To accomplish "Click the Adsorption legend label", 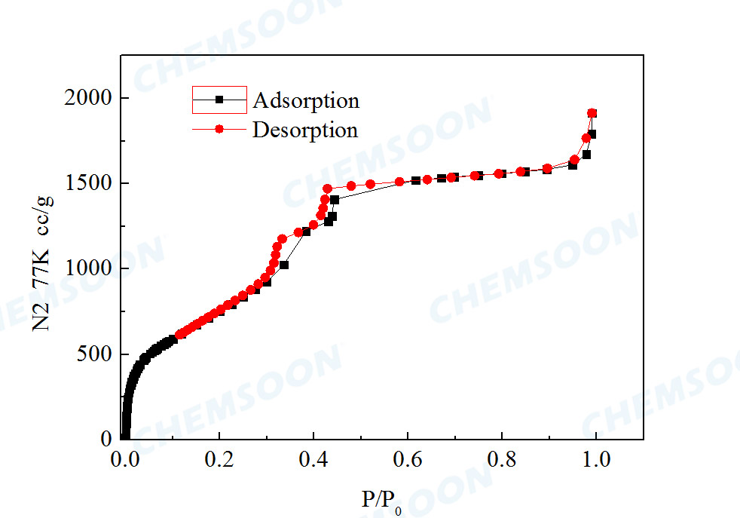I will (x=306, y=100).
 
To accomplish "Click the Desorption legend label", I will (x=305, y=130).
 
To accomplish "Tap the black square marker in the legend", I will (x=219, y=100).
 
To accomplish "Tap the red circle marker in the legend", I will (x=219, y=130).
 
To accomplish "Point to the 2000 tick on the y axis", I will (x=90, y=98).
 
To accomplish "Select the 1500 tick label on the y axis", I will (x=90, y=183).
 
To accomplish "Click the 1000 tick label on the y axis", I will (x=90, y=268).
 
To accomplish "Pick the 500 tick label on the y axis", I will (x=95, y=354).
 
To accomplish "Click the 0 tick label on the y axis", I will (x=106, y=439).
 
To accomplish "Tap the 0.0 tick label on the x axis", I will (x=125, y=458).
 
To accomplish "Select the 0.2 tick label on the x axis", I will (x=219, y=458).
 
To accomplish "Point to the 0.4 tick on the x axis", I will (x=313, y=458).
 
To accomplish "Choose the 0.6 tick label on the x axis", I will (x=408, y=458).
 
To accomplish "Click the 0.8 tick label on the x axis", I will (x=502, y=458).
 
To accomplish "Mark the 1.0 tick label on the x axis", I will (x=596, y=458).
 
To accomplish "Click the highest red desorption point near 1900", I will (x=592, y=113).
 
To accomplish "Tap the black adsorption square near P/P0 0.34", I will (x=284, y=265).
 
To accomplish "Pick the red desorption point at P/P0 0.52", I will (x=370, y=184).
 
